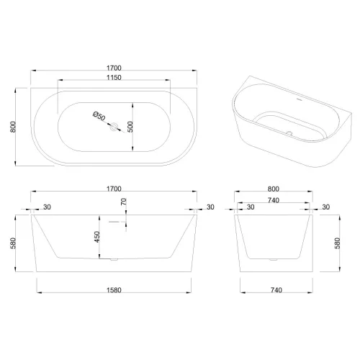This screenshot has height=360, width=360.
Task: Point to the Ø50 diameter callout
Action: point(99,116)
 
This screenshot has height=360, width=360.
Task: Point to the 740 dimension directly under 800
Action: point(273,199)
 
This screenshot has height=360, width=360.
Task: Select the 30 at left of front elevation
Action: point(47,208)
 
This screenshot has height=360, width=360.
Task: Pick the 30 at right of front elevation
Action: point(210,208)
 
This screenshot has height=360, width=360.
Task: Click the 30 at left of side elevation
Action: point(251,208)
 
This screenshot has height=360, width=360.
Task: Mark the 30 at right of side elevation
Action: point(325,208)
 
